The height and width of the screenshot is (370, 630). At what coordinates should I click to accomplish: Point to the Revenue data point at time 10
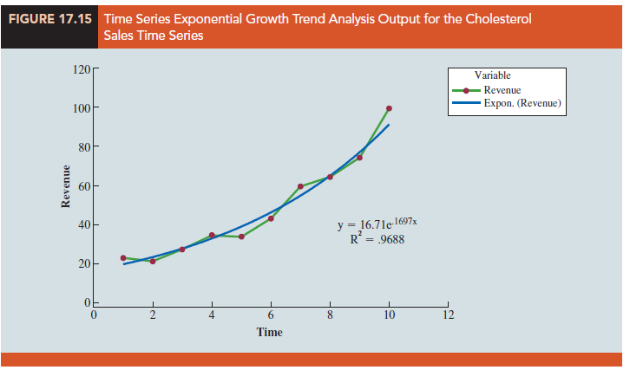click(389, 108)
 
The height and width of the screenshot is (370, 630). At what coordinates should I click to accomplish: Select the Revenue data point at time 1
click(123, 258)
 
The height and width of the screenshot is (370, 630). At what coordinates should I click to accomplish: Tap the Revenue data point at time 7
click(300, 186)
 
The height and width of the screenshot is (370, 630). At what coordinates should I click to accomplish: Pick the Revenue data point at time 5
click(241, 237)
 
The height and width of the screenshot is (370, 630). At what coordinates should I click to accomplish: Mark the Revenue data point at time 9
click(359, 158)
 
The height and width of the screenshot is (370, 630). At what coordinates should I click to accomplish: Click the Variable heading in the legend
click(492, 76)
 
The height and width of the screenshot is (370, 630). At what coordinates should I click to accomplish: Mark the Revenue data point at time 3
click(182, 250)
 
